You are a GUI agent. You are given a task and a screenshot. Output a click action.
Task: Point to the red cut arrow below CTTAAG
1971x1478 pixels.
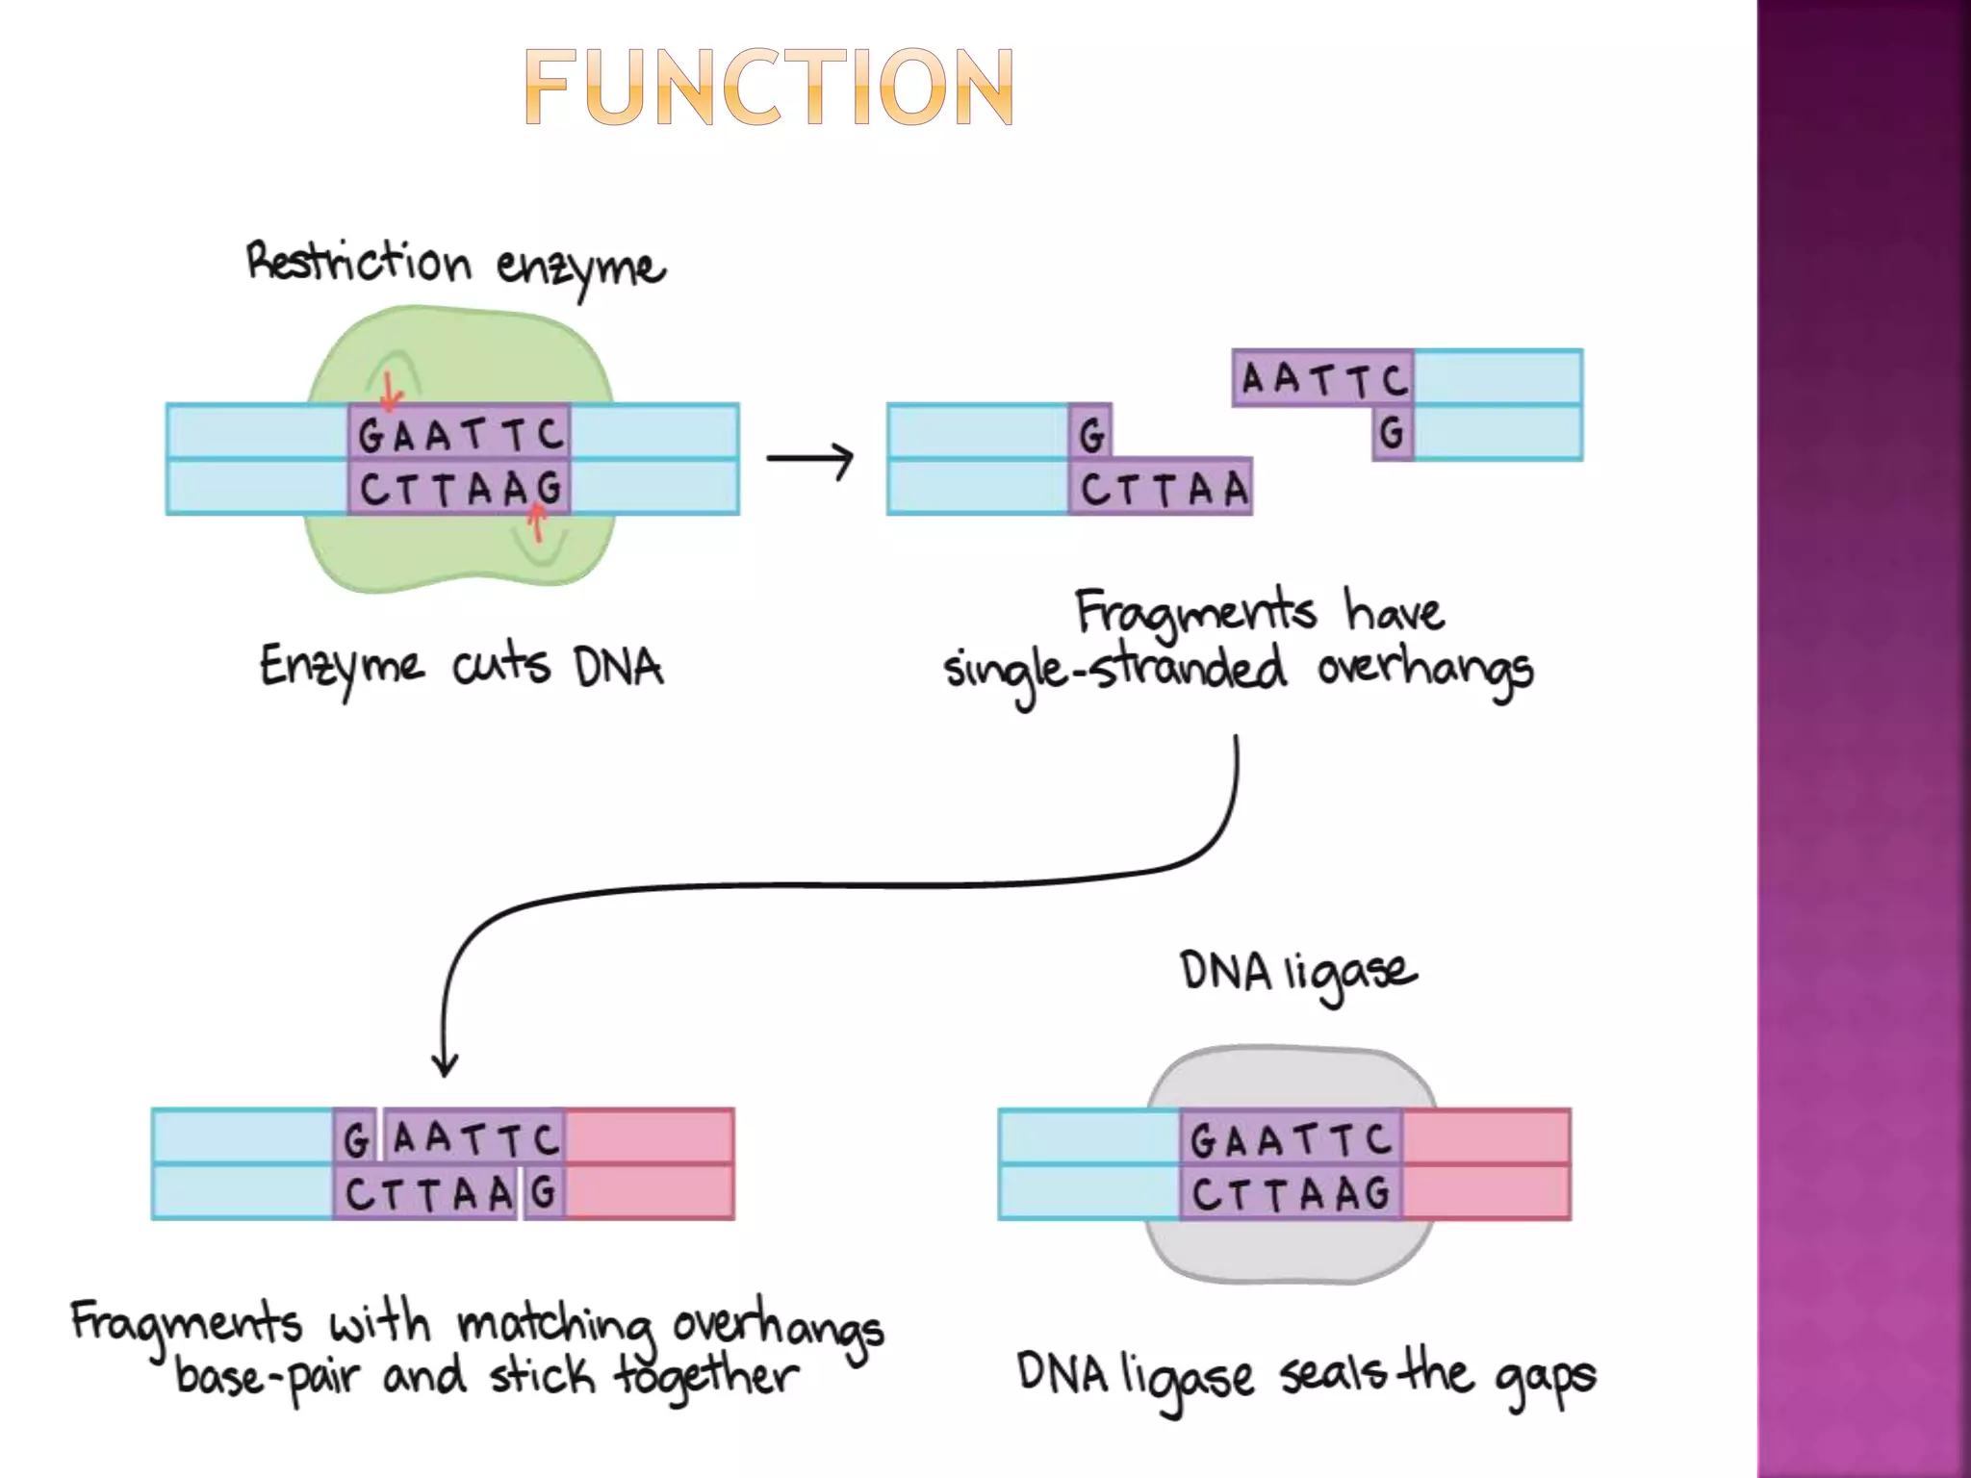click(x=537, y=524)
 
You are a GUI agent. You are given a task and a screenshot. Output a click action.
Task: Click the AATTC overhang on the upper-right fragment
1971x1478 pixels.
click(x=1323, y=378)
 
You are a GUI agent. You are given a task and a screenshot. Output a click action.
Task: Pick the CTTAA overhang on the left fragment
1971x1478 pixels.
click(x=1162, y=488)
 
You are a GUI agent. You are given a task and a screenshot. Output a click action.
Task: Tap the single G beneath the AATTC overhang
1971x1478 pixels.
click(x=1392, y=433)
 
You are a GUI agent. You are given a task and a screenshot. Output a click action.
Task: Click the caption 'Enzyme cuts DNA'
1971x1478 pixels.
click(x=461, y=667)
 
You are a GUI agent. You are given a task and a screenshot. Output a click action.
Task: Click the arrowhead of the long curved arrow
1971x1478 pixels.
click(x=445, y=1066)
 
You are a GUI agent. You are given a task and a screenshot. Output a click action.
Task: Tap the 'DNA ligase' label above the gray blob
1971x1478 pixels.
click(x=1297, y=972)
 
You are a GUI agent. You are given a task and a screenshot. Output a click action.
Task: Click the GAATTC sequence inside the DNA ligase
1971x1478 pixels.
click(x=1290, y=1139)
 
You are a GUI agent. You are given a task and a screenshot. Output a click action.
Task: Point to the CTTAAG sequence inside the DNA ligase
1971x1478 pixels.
click(x=1290, y=1194)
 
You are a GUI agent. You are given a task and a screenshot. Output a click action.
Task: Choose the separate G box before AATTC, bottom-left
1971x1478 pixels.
click(x=356, y=1138)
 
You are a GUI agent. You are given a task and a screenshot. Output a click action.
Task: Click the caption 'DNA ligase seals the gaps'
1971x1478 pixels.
click(x=1306, y=1374)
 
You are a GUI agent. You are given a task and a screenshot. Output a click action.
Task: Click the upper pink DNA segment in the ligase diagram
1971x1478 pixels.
click(x=1486, y=1136)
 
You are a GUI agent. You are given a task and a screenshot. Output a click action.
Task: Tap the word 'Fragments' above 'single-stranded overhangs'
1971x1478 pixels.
click(x=1194, y=612)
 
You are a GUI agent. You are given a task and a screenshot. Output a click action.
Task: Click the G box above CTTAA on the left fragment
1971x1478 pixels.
click(x=1091, y=433)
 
